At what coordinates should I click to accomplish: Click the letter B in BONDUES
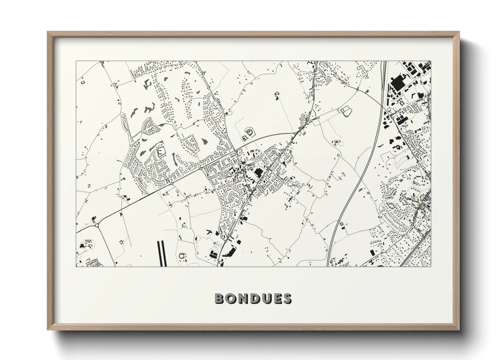click(x=220, y=298)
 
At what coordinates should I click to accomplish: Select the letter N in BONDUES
click(x=243, y=298)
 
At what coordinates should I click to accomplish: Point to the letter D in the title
click(x=254, y=298)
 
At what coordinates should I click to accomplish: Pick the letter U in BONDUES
click(x=266, y=298)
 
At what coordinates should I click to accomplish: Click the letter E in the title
click(x=277, y=298)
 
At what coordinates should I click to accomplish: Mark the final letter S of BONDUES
click(x=287, y=298)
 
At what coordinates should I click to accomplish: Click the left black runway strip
click(x=159, y=253)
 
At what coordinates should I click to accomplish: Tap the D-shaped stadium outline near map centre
click(x=251, y=131)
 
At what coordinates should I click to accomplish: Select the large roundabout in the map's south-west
click(x=97, y=225)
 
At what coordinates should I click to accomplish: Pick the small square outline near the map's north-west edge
click(x=82, y=82)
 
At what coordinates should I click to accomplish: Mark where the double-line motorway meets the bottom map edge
click(x=328, y=266)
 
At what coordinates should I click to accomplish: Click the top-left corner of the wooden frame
click(x=48, y=32)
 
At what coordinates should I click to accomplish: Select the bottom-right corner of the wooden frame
click(x=459, y=330)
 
